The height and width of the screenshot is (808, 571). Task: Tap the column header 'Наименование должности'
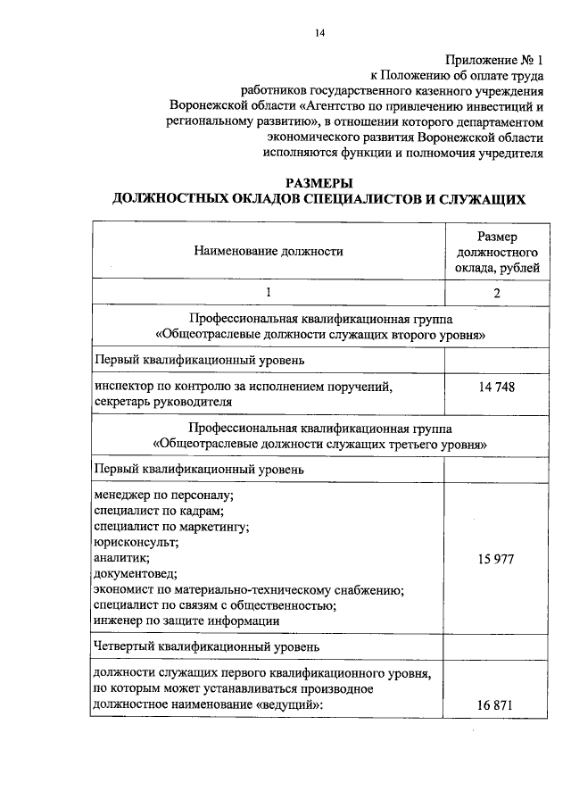pos(269,252)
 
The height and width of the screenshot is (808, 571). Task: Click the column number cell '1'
pos(269,292)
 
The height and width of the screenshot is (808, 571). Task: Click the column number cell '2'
pos(496,293)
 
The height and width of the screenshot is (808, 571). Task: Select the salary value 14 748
pos(496,387)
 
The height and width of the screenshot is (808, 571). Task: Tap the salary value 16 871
pos(496,704)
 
